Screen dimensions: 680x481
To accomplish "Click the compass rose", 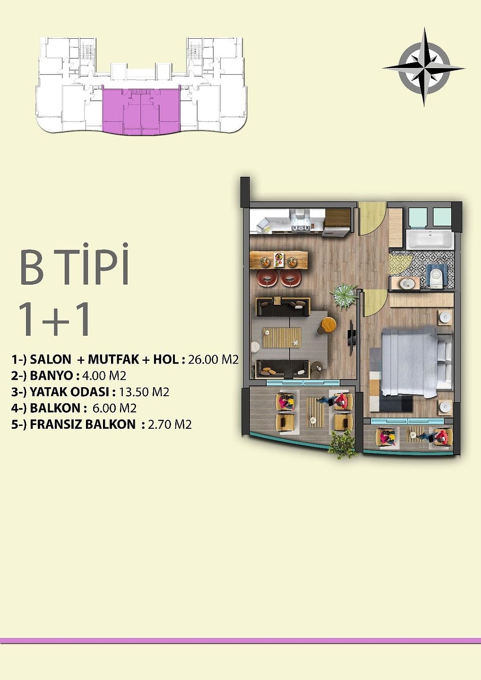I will pyautogui.click(x=424, y=67).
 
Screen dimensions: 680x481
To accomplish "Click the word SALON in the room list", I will pyautogui.click(x=51, y=359).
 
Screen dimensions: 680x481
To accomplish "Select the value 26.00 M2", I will pyautogui.click(x=213, y=360).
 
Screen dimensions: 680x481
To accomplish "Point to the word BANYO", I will pyautogui.click(x=51, y=376).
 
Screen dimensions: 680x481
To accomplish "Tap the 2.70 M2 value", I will pyautogui.click(x=170, y=425).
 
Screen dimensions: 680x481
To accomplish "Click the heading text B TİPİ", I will pyautogui.click(x=75, y=265).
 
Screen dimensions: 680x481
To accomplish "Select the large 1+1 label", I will pyautogui.click(x=54, y=320).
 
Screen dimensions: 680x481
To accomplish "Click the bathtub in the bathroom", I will pyautogui.click(x=429, y=239).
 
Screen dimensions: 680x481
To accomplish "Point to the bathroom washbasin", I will pyautogui.click(x=406, y=283).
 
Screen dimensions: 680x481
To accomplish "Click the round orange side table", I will pyautogui.click(x=328, y=324).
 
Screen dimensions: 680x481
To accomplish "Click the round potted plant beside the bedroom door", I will pyautogui.click(x=344, y=296).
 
